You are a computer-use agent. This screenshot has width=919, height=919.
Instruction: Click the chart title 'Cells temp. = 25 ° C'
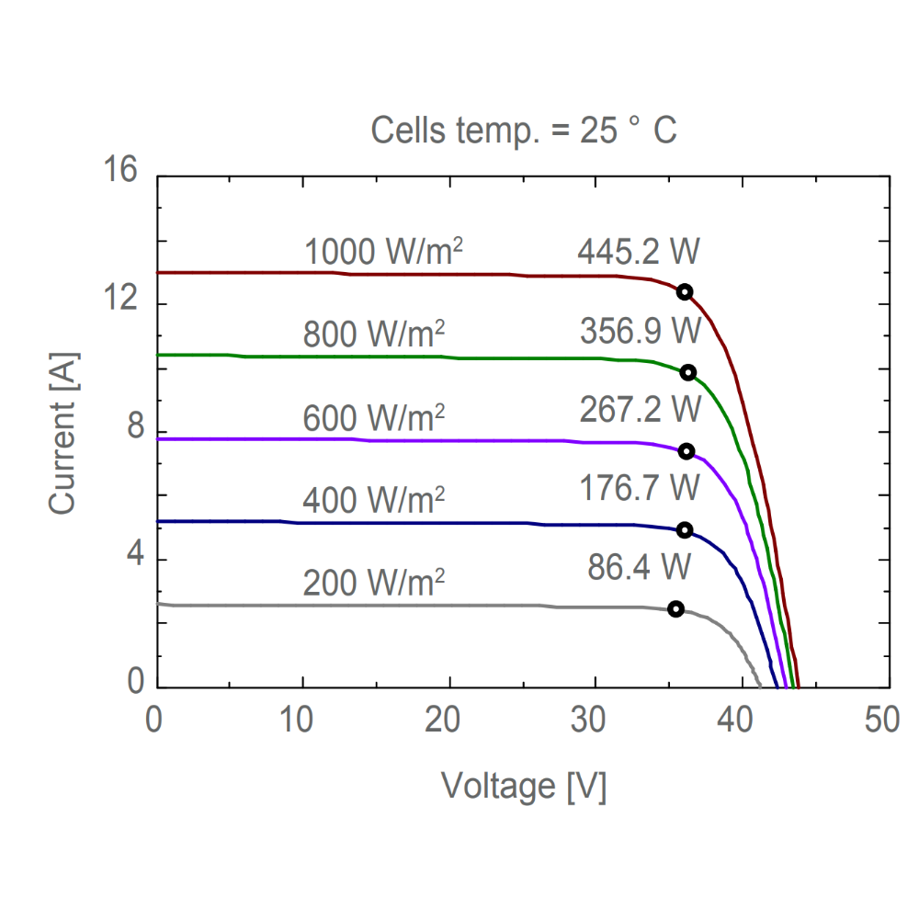[x=524, y=130]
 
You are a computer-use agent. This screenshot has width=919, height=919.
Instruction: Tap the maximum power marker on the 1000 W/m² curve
[x=684, y=291]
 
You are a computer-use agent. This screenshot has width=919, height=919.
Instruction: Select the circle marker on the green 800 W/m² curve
[x=687, y=372]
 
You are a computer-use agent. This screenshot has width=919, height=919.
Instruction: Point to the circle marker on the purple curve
[x=686, y=451]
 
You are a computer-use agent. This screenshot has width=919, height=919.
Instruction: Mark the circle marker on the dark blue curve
[x=684, y=530]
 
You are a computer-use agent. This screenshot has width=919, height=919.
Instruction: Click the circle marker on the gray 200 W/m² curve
[x=675, y=609]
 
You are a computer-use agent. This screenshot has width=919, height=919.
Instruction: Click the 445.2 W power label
[x=639, y=252]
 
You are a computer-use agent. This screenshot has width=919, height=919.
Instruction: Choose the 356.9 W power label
[x=641, y=330]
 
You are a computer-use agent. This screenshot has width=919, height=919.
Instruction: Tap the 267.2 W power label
[x=641, y=409]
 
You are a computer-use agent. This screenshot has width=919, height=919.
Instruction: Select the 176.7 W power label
[x=640, y=488]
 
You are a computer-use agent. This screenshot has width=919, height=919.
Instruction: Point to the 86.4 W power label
[x=640, y=567]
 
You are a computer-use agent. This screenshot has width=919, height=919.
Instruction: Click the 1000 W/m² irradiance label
[x=383, y=252]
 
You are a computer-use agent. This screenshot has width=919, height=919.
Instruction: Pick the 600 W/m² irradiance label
[x=374, y=418]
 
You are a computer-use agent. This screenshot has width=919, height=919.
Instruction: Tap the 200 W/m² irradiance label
[x=374, y=582]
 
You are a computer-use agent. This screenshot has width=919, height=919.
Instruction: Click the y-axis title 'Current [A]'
[x=63, y=432]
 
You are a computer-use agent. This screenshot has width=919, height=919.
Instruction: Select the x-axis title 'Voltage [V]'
[x=524, y=786]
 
